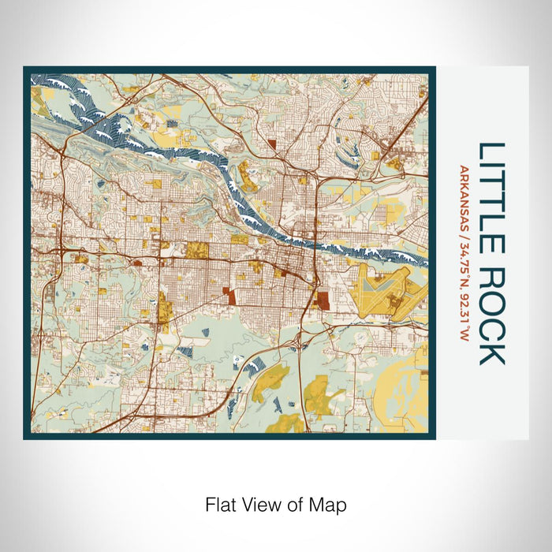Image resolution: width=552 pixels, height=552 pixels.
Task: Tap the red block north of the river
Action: [x=273, y=144]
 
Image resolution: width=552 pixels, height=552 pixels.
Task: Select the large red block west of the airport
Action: [x=321, y=300]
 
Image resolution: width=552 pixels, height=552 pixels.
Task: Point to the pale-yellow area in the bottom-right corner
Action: [x=402, y=402]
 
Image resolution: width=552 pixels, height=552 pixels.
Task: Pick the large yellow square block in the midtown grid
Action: [x=196, y=251]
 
